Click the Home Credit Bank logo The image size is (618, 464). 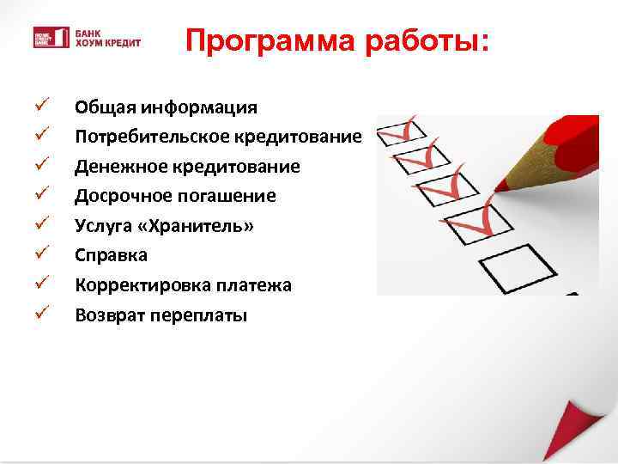coord(86,38)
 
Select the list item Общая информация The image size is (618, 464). coord(165,107)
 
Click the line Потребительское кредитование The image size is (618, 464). coord(218,137)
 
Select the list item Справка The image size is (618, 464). coord(111,255)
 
